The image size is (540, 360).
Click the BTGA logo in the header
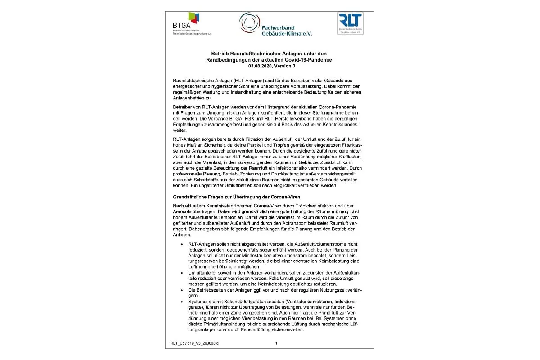tap(192, 23)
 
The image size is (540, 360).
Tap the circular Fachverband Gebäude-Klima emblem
tap(249, 22)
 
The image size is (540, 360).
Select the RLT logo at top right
tap(350, 22)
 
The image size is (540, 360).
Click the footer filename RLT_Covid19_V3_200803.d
tap(194, 343)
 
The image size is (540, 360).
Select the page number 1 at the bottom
tap(276, 343)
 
